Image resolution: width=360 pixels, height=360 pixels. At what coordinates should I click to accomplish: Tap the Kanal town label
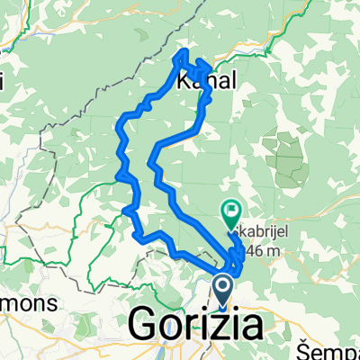(208, 81)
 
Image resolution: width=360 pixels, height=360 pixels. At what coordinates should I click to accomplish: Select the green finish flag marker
(232, 213)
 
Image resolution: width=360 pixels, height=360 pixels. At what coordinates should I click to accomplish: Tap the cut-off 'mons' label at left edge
(27, 302)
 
